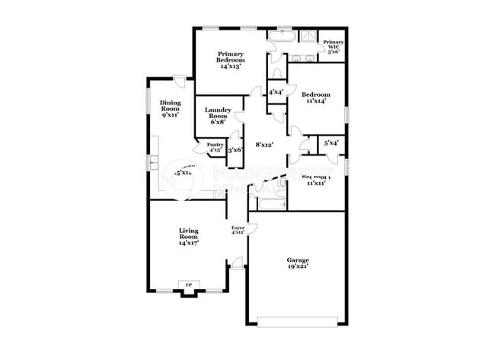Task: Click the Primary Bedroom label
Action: pos(230,60)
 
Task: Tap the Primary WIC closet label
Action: pos(333,47)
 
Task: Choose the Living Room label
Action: pos(188,236)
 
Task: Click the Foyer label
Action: pos(238,230)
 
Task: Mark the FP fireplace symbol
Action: pos(187,287)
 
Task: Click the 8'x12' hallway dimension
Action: pos(264,144)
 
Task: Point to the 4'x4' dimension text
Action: pos(276,92)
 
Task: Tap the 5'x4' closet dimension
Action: pos(331,142)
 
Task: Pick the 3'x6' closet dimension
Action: pos(235,150)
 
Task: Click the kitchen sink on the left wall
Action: pos(152,162)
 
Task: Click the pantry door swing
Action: pos(201,150)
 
